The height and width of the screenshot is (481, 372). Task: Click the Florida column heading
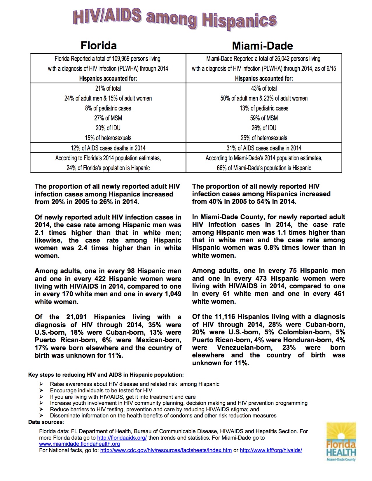coord(99,45)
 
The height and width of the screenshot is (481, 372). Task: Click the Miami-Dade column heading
coord(262,46)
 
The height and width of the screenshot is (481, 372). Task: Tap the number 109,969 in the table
coord(121,59)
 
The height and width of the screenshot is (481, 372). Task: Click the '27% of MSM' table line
coord(108,118)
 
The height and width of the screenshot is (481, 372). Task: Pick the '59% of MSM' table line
coord(264,118)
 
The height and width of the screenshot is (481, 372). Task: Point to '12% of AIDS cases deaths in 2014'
coord(108,148)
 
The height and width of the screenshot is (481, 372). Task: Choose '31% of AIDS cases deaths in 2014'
coord(264,148)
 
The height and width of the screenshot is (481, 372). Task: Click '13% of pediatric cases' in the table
coord(264,108)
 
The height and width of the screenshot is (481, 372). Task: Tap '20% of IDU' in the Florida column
coord(108,128)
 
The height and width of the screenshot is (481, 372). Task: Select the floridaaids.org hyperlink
coord(122,438)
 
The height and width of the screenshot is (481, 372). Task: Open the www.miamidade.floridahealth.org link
coord(79,444)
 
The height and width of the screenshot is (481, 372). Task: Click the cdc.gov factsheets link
coord(166,450)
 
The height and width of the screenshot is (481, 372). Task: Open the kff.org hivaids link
coord(271,450)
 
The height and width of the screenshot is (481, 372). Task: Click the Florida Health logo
coord(341,442)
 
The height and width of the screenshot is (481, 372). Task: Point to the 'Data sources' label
coord(46,422)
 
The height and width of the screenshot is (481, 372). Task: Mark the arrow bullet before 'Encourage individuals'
coord(41,390)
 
